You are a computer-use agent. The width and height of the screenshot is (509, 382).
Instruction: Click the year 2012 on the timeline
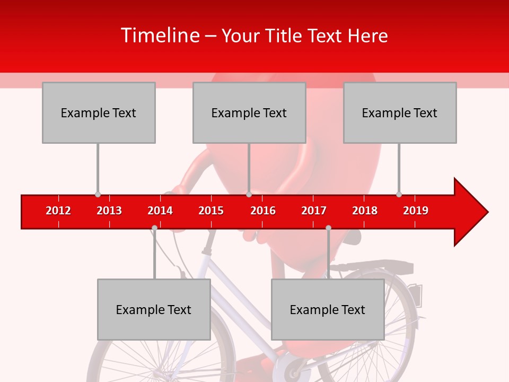[58, 211]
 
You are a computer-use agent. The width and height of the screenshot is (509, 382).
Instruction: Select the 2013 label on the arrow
[109, 211]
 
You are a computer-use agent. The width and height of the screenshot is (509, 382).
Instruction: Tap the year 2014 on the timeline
[160, 211]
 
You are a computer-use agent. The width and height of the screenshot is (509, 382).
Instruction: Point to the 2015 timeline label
[211, 211]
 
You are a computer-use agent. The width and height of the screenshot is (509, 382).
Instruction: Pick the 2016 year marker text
[263, 211]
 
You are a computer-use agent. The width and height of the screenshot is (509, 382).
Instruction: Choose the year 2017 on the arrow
[314, 211]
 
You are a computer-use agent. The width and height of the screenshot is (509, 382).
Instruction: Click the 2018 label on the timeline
[365, 211]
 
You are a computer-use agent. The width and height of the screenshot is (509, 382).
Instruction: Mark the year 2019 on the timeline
[416, 211]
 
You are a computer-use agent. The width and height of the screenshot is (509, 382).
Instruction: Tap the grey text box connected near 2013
[99, 112]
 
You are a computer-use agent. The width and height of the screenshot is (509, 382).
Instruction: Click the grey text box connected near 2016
[249, 112]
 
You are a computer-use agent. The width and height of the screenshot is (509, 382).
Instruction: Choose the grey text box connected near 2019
[400, 112]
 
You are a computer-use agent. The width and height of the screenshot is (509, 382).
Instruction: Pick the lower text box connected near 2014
[154, 309]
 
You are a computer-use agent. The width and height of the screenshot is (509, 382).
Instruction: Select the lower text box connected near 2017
[328, 309]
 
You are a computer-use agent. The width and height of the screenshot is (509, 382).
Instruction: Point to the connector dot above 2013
[98, 195]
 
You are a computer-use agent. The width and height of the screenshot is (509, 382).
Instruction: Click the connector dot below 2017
[328, 228]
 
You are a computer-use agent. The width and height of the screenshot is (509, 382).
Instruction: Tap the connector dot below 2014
[154, 228]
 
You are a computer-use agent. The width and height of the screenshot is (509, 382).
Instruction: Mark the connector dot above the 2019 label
[399, 195]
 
